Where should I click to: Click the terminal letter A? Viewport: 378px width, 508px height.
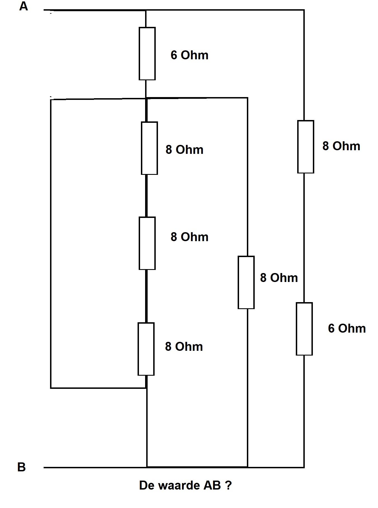[x=23, y=6]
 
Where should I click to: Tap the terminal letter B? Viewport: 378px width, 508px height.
[x=22, y=467]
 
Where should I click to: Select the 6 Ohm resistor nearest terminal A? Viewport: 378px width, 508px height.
[x=147, y=54]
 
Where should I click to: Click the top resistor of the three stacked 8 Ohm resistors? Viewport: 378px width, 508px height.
[x=149, y=148]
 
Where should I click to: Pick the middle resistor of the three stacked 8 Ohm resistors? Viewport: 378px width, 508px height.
[x=147, y=243]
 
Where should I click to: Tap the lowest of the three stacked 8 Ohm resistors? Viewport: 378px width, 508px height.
[x=146, y=349]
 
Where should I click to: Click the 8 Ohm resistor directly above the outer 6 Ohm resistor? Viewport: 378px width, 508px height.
[x=306, y=147]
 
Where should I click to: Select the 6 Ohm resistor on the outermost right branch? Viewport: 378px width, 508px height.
[x=304, y=329]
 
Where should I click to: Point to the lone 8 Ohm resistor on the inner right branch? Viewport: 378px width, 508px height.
[x=246, y=283]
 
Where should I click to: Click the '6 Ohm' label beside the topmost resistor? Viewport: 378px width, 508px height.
[x=190, y=55]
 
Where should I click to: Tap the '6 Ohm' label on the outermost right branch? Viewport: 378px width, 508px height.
[x=347, y=328]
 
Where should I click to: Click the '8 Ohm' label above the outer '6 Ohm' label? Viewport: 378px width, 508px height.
[x=341, y=146]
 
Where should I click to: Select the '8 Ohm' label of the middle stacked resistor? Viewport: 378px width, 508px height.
[x=190, y=237]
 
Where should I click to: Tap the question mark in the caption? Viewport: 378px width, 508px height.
[x=228, y=485]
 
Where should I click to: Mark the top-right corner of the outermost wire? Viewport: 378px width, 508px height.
[x=304, y=10]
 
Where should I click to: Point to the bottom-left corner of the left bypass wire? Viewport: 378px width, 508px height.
[x=51, y=388]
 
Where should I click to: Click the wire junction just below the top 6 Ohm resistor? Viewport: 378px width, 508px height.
[x=146, y=98]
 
